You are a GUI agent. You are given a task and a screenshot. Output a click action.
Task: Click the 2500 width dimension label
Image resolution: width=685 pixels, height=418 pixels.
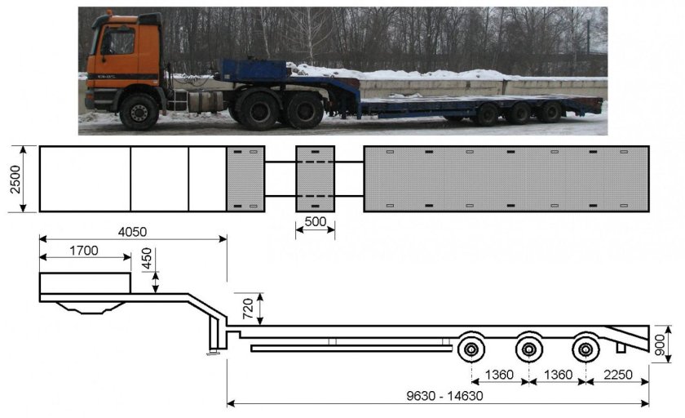(x=15, y=179)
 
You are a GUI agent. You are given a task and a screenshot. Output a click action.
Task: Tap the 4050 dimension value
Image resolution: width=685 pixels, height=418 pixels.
(x=132, y=232)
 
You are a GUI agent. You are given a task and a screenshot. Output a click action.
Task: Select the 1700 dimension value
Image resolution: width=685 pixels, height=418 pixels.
(x=84, y=251)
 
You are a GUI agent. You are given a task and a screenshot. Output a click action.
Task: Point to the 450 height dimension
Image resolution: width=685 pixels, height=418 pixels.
(x=148, y=259)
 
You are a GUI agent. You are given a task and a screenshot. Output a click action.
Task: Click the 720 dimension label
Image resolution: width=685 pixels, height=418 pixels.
(x=248, y=309)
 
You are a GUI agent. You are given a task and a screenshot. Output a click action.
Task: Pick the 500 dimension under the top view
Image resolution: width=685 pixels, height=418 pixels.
(x=316, y=222)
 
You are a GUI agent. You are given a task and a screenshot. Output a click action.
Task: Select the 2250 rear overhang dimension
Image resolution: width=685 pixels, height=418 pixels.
(x=618, y=375)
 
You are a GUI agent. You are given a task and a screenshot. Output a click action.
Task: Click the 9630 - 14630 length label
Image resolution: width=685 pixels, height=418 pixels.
(x=444, y=396)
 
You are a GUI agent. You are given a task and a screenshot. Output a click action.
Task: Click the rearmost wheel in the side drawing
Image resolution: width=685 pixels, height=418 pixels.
(x=585, y=349)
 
